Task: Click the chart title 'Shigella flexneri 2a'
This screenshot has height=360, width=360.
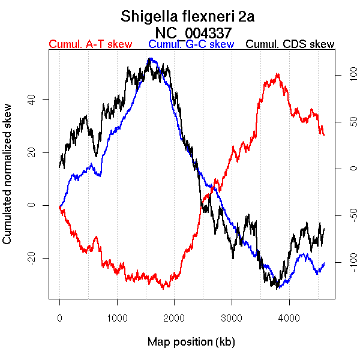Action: click(187, 16)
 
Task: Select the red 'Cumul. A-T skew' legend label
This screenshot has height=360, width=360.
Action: click(90, 44)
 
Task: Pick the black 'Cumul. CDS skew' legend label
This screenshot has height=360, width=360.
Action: click(290, 44)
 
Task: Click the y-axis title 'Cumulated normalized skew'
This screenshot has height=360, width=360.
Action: click(8, 181)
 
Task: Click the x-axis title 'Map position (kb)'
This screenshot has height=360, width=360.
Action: click(191, 343)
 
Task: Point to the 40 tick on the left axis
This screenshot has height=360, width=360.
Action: click(29, 99)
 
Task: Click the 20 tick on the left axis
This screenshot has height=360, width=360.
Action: click(29, 152)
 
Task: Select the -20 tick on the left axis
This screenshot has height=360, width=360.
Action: click(29, 258)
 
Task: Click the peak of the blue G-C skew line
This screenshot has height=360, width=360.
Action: click(151, 58)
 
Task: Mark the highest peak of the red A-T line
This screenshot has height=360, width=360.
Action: click(277, 74)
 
